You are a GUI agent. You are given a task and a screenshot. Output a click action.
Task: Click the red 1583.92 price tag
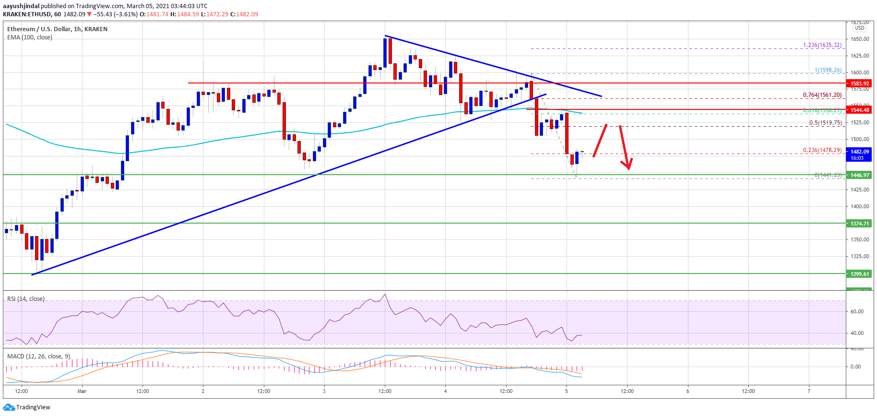tap(860, 83)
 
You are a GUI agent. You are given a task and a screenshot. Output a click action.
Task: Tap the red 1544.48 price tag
tap(860, 110)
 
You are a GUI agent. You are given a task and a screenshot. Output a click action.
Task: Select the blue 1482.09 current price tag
tap(860, 152)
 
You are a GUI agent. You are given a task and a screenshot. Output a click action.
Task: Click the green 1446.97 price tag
tap(860, 175)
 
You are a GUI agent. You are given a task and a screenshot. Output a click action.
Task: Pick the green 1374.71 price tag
tap(860, 224)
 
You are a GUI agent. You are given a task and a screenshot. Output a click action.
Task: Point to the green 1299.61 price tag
tap(860, 274)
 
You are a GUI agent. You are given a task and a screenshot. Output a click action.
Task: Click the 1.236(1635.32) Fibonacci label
tap(822, 45)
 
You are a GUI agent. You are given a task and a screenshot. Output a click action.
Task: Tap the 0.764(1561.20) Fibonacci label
tap(822, 95)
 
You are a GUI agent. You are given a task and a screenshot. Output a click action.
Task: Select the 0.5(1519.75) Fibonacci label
tap(825, 123)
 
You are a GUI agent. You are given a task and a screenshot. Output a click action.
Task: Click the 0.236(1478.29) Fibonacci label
tap(822, 150)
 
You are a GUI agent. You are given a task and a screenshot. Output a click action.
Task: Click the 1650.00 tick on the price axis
tap(860, 39)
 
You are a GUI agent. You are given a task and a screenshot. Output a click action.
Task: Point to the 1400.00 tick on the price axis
tap(860, 206)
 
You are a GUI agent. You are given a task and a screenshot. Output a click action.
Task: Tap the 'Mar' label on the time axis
tap(82, 391)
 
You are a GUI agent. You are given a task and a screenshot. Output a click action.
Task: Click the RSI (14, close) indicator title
tap(26, 299)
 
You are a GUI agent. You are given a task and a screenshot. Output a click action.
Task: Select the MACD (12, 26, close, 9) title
tap(38, 357)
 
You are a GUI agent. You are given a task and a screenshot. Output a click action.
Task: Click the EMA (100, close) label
tap(30, 37)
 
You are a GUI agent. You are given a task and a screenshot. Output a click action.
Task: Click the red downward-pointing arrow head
tap(628, 166)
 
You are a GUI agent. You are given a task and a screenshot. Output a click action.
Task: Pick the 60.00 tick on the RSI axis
tap(857, 311)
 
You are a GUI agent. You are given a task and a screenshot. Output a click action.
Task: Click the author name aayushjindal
tap(21, 6)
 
